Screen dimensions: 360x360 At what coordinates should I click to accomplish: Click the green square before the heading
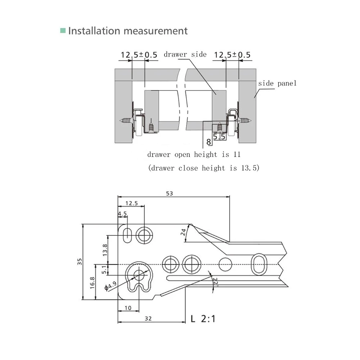[63, 30]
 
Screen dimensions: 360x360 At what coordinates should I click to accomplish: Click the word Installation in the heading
[94, 31]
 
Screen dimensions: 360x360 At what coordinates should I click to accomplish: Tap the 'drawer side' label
[185, 54]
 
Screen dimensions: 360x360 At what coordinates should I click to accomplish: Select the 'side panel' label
[277, 83]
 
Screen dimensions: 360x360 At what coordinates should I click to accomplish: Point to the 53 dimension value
[170, 194]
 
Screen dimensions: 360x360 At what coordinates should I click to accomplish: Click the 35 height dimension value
[80, 261]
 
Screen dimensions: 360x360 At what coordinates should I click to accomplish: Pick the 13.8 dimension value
[105, 250]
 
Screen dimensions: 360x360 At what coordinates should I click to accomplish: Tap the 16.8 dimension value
[92, 283]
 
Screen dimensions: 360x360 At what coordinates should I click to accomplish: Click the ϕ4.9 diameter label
[111, 286]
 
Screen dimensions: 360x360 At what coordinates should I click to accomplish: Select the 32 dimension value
[148, 319]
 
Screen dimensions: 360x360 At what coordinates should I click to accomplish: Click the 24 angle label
[183, 232]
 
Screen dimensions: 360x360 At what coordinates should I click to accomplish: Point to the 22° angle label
[215, 282]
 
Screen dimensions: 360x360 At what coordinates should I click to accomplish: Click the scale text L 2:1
[203, 319]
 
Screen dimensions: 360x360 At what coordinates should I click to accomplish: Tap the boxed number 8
[208, 142]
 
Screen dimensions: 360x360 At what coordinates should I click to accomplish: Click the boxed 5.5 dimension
[219, 136]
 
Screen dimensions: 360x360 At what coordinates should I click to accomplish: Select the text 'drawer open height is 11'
[194, 154]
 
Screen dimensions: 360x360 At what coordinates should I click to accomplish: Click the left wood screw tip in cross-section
[120, 120]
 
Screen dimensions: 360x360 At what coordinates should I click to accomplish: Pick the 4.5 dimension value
[122, 214]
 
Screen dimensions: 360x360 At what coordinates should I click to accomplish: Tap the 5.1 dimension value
[104, 270]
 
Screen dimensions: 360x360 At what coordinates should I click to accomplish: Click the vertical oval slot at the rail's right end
[259, 265]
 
